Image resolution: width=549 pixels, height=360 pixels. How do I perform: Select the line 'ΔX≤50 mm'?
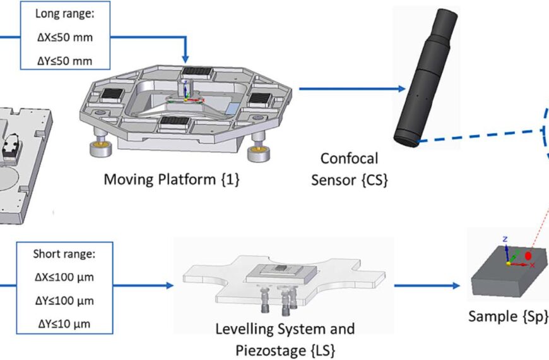point(64,37)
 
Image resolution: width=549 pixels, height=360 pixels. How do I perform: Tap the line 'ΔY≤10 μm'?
point(62,324)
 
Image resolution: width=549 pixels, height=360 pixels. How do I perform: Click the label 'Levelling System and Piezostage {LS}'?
point(285,339)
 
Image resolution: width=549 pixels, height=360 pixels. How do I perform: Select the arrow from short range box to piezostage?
point(145,285)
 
